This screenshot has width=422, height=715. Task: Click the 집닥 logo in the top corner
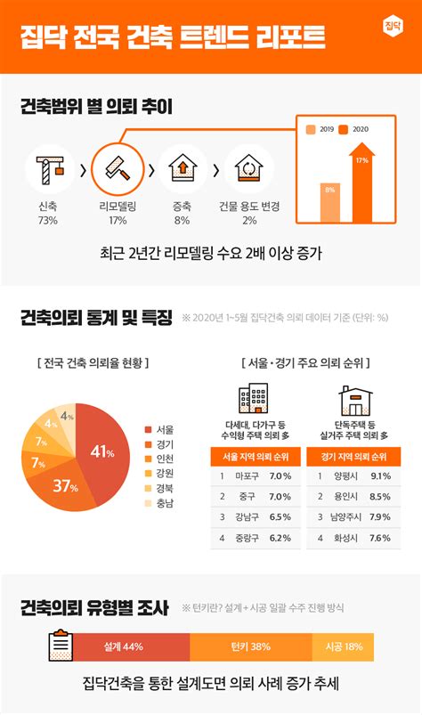392,25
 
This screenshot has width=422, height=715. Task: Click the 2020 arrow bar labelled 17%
361,183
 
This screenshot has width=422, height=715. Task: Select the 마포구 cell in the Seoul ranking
248,476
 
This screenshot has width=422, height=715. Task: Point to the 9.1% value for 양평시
380,476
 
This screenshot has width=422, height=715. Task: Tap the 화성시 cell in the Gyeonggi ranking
346,538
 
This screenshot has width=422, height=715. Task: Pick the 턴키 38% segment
249,646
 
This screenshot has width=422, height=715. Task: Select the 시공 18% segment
343,646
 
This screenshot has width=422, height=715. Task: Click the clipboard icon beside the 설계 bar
61,645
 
